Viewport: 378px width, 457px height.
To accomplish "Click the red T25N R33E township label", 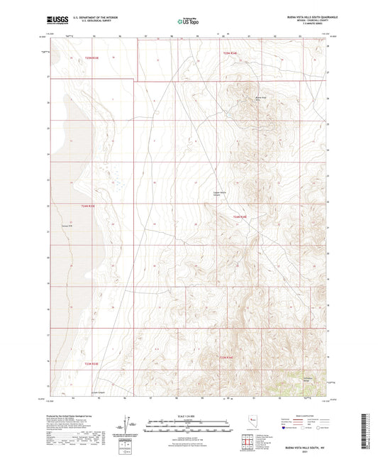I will pos(95,57).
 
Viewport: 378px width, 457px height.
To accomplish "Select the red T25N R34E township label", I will pos(233,53).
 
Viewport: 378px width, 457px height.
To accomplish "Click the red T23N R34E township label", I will pos(227,357).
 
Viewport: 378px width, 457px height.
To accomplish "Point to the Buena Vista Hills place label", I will pos(260,99).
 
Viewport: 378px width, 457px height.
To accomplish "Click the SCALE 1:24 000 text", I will pos(189,415).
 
